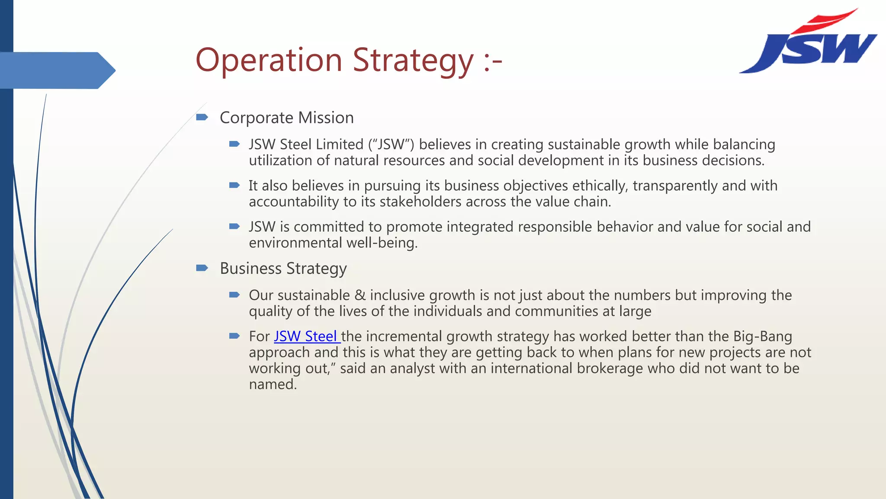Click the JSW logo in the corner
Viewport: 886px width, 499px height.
(x=808, y=43)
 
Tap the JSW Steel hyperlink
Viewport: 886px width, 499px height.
(x=306, y=337)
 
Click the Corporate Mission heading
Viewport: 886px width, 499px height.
(x=286, y=118)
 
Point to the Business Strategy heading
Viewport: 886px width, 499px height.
(x=283, y=269)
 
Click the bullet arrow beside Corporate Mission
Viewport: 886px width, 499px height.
(x=202, y=117)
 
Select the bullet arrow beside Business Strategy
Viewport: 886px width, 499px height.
(x=202, y=268)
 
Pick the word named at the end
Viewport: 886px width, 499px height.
(x=273, y=385)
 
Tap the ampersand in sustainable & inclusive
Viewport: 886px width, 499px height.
(x=360, y=295)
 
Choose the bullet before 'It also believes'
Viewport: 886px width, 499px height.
(x=234, y=185)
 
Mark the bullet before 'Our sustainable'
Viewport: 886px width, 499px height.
(x=234, y=295)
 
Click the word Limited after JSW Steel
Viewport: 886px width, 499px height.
(x=339, y=145)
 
